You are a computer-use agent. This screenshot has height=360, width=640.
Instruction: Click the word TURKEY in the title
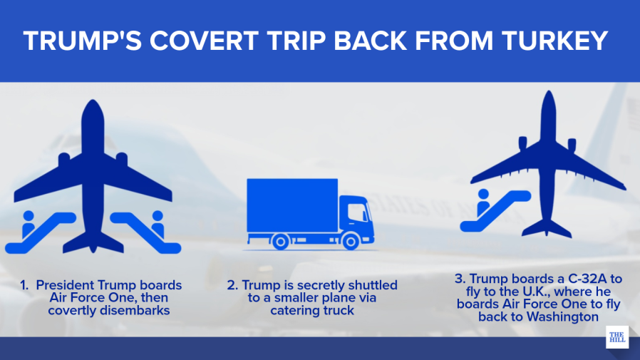pyautogui.click(x=554, y=41)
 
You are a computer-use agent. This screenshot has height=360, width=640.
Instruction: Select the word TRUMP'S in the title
pyautogui.click(x=83, y=41)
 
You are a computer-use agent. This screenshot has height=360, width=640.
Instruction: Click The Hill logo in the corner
pyautogui.click(x=617, y=337)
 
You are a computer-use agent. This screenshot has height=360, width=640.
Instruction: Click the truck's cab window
pyautogui.click(x=357, y=212)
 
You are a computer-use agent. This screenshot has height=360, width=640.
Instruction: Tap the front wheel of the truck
pyautogui.click(x=350, y=241)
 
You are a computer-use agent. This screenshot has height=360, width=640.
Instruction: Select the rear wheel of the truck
pyautogui.click(x=280, y=241)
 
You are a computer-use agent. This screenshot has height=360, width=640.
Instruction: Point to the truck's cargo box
pyautogui.click(x=292, y=205)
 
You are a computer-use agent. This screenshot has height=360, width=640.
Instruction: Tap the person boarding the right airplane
pyautogui.click(x=483, y=202)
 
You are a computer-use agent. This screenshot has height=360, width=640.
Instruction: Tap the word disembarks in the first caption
pyautogui.click(x=137, y=311)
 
